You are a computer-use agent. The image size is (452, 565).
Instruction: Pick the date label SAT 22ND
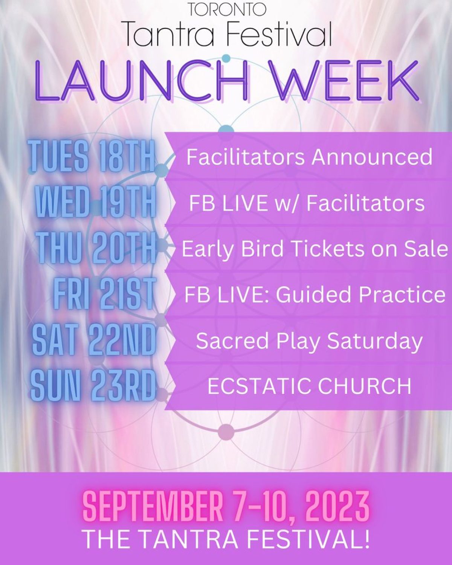94,340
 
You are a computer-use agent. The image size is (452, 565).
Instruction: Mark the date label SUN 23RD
93,386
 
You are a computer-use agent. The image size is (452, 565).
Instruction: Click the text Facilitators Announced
309,157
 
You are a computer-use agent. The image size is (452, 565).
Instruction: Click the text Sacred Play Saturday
309,341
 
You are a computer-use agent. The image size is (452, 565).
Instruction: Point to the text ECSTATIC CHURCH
309,386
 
